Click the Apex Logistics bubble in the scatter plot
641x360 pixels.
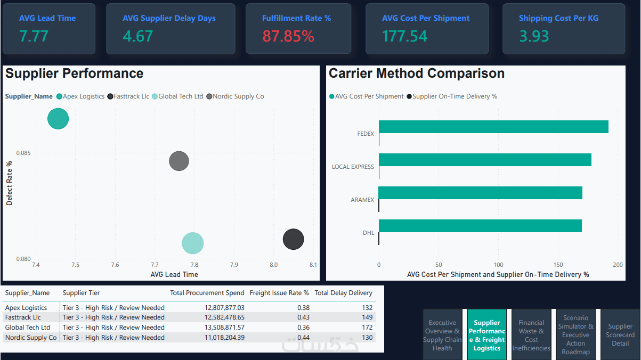point(58,119)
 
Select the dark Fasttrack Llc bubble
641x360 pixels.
point(293,239)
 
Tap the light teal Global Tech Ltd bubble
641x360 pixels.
point(192,243)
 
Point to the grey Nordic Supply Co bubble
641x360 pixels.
point(179,161)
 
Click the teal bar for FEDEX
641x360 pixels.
point(493,127)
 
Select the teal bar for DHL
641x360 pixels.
point(480,226)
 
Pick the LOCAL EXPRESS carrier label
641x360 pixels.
point(353,167)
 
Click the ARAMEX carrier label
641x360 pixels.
point(362,200)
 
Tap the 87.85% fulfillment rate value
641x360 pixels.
point(288,36)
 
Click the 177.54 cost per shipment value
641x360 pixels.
point(404,36)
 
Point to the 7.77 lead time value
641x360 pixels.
point(34,36)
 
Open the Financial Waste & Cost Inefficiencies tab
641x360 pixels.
point(531,335)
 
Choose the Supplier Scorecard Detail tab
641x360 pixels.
point(620,335)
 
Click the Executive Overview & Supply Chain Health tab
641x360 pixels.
point(442,335)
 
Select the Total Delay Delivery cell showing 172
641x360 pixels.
point(367,328)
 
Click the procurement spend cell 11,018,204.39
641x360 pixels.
point(224,338)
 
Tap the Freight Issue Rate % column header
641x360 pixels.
point(279,293)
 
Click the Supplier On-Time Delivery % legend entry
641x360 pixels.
point(452,96)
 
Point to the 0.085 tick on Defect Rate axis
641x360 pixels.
point(23,153)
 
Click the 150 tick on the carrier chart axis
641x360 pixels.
point(558,265)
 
